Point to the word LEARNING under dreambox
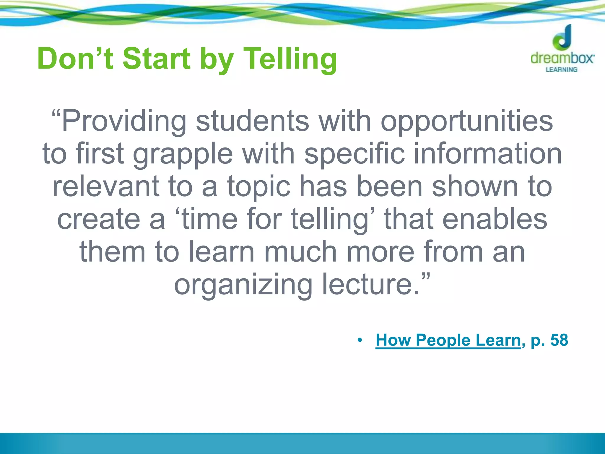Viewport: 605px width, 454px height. click(562, 69)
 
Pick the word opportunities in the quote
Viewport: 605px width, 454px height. click(467, 121)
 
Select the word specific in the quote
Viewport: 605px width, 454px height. click(354, 154)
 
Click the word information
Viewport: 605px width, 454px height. click(488, 154)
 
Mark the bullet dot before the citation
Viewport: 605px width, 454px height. click(360, 340)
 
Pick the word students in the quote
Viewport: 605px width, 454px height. click(253, 121)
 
